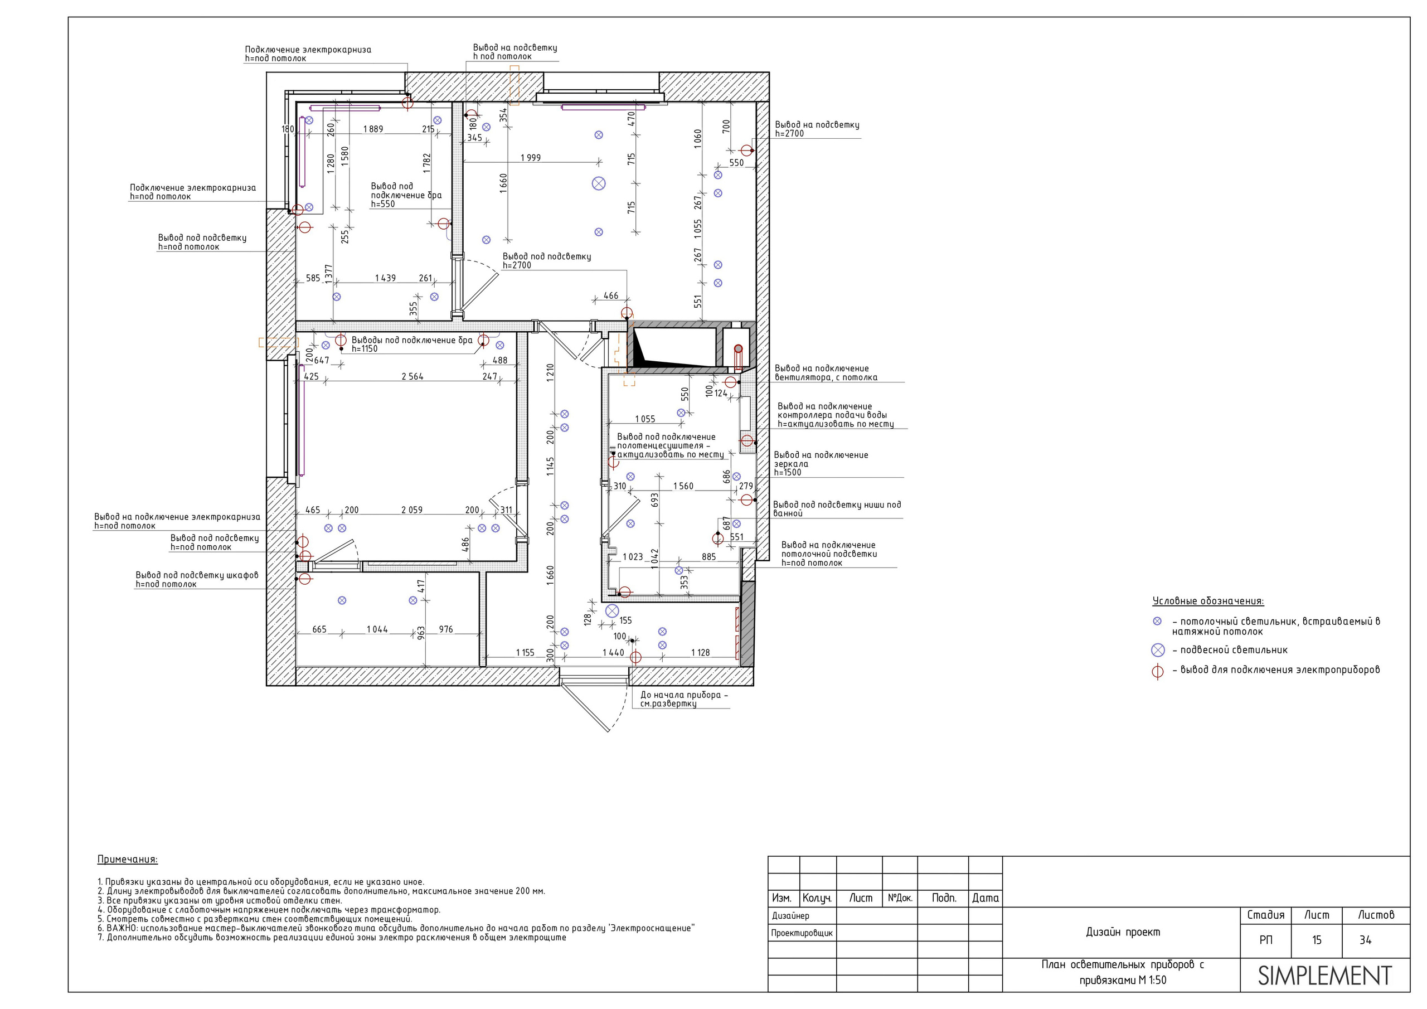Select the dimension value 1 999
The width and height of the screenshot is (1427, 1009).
tap(531, 158)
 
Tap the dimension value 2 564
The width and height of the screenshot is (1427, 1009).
tap(412, 377)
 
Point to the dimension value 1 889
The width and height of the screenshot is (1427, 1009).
tap(373, 129)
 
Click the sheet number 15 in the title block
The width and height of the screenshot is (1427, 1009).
tap(1317, 940)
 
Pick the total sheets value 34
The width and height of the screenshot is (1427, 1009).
tap(1365, 940)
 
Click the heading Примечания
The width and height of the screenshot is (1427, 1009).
tap(128, 860)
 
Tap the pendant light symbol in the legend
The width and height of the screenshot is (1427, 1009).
tap(1157, 651)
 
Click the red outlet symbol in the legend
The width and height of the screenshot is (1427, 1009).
tap(1157, 671)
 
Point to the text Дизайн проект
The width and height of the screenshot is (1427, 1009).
tap(1123, 932)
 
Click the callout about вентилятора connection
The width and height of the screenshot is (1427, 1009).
tap(826, 373)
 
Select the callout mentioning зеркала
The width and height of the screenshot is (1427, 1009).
tap(821, 464)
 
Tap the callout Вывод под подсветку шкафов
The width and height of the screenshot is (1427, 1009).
tap(197, 580)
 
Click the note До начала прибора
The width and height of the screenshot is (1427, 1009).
tap(683, 700)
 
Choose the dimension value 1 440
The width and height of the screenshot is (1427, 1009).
tap(613, 653)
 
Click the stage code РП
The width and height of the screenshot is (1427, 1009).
tap(1265, 940)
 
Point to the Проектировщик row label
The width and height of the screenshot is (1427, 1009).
tap(802, 933)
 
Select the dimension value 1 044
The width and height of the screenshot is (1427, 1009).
tap(377, 630)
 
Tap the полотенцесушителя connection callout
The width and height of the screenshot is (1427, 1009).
tap(670, 446)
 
